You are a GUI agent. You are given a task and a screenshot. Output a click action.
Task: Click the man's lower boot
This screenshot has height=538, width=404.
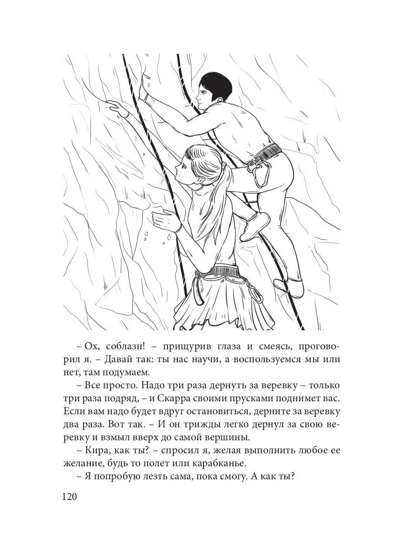(x=290, y=286)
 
